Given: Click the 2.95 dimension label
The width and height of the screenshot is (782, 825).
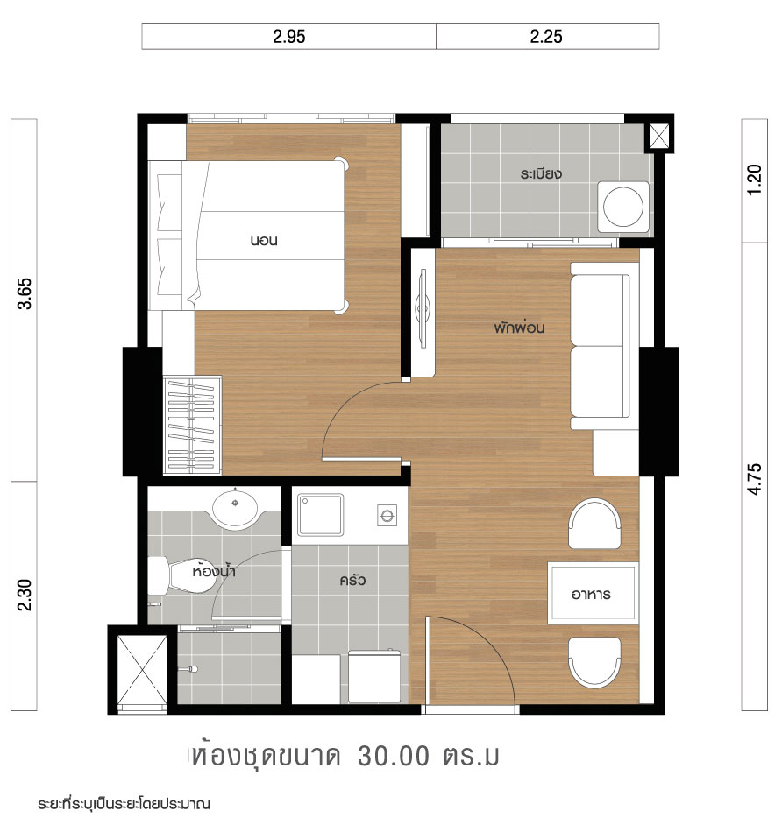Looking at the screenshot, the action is (288, 36).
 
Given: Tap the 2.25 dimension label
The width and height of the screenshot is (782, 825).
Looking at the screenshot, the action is (546, 36).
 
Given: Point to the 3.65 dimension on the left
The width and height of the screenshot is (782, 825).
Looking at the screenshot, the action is (25, 293).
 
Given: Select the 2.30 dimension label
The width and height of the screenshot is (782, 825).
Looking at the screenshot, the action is (25, 595).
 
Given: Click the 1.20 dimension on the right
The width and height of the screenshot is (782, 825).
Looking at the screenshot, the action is (755, 180).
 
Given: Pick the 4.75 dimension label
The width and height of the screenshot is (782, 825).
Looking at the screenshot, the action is (755, 479).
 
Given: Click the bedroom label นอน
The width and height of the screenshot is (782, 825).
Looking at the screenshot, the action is (263, 241).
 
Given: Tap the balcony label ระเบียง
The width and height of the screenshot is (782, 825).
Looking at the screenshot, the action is (540, 173).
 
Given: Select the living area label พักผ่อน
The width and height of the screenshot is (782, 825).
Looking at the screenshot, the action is (519, 328).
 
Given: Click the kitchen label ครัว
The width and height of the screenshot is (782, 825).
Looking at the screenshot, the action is (352, 580).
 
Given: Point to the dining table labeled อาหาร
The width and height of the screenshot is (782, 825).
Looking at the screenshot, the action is (593, 593).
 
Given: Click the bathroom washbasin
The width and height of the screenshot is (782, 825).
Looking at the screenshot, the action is (235, 507).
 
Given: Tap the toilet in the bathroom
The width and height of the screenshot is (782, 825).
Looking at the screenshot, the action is (179, 575).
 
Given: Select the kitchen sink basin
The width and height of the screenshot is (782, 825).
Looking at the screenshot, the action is (320, 515).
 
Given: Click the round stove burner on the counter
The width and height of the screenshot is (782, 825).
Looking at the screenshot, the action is (387, 516).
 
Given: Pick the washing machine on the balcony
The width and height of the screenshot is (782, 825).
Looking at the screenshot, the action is (623, 207).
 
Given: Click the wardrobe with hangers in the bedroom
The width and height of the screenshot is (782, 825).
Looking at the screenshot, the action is (192, 425).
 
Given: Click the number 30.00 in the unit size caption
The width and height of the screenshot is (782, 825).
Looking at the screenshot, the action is (394, 756).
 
